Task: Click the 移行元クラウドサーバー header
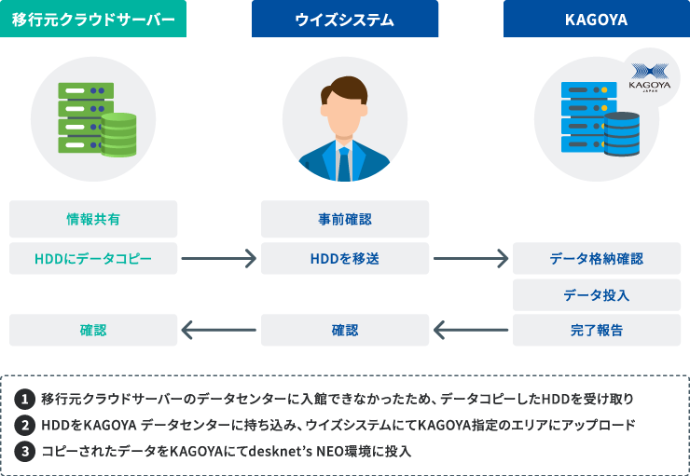tap(93, 19)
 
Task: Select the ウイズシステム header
tap(344, 19)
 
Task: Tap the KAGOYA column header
tap(596, 19)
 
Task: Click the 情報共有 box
tap(93, 219)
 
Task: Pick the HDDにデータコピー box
tap(93, 258)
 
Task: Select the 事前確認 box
tap(344, 219)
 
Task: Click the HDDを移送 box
tap(344, 258)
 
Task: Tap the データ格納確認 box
tap(596, 258)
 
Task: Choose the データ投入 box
tap(596, 294)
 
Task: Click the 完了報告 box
tap(596, 330)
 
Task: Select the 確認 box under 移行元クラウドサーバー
tap(93, 330)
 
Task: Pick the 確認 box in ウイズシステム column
tap(344, 330)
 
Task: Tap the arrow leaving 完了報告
tap(470, 330)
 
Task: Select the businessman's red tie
tap(344, 162)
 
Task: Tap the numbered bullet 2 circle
tap(25, 425)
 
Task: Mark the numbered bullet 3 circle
tap(25, 450)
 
